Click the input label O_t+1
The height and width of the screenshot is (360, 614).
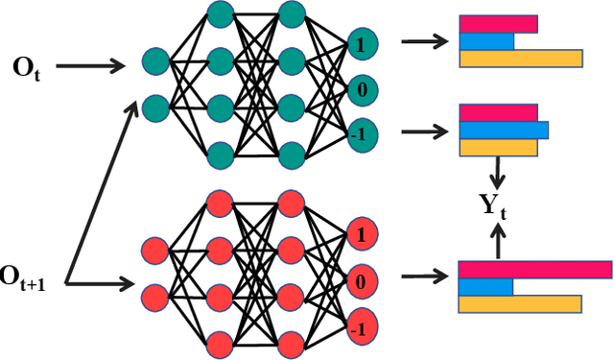coord(29,278)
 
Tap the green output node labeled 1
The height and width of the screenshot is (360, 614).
coord(360,43)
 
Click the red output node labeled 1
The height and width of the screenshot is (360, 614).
coord(360,233)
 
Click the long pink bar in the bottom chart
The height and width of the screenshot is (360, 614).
coord(534,270)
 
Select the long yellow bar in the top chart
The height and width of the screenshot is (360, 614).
coord(520,59)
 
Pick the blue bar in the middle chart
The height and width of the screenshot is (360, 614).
coord(503,130)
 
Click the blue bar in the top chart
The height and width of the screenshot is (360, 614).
coord(485,41)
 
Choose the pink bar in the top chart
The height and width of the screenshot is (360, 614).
coord(497,24)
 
